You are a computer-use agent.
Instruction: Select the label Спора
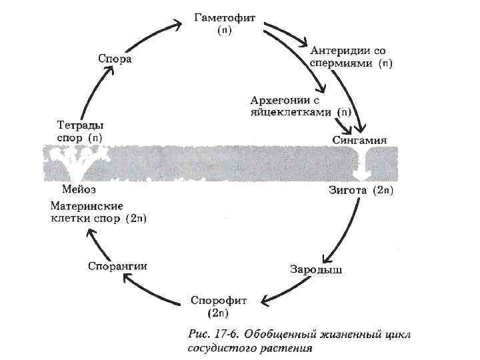115,59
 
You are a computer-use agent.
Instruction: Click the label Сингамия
359,140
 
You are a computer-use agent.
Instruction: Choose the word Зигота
348,191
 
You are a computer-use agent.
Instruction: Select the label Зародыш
316,269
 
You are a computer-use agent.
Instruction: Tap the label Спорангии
117,266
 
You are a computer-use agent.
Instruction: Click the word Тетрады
79,125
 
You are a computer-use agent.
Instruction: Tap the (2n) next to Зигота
383,191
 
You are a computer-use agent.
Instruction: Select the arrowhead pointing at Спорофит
263,299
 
